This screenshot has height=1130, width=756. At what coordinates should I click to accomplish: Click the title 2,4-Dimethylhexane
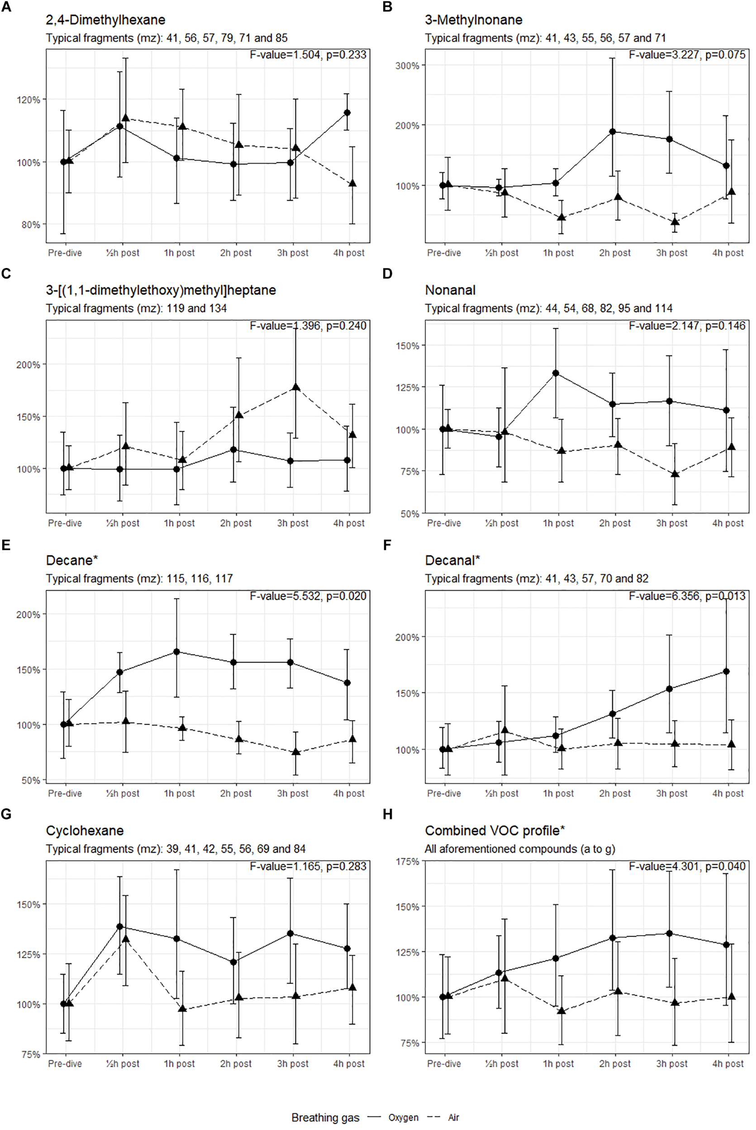[105, 20]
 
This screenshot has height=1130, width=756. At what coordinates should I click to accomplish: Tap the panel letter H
[387, 814]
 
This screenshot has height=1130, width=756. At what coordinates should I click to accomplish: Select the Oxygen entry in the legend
[403, 1117]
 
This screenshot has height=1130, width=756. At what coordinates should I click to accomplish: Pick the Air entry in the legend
[453, 1117]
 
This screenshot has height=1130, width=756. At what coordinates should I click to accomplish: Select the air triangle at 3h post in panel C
[296, 387]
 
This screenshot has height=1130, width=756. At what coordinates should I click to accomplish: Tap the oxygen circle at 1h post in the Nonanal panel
[556, 373]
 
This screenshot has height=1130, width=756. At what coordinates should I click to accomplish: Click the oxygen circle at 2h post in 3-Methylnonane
[613, 132]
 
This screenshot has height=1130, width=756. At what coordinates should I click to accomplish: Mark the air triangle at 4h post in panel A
[352, 184]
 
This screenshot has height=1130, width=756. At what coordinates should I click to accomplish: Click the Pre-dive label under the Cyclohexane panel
[65, 1064]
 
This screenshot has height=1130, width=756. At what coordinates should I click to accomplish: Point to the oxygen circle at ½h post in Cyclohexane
[120, 927]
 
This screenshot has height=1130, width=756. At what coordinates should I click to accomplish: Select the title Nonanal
[450, 290]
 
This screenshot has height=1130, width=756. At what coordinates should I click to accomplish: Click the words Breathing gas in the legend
[325, 1117]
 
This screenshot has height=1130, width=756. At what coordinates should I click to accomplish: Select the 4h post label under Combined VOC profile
[727, 1064]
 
